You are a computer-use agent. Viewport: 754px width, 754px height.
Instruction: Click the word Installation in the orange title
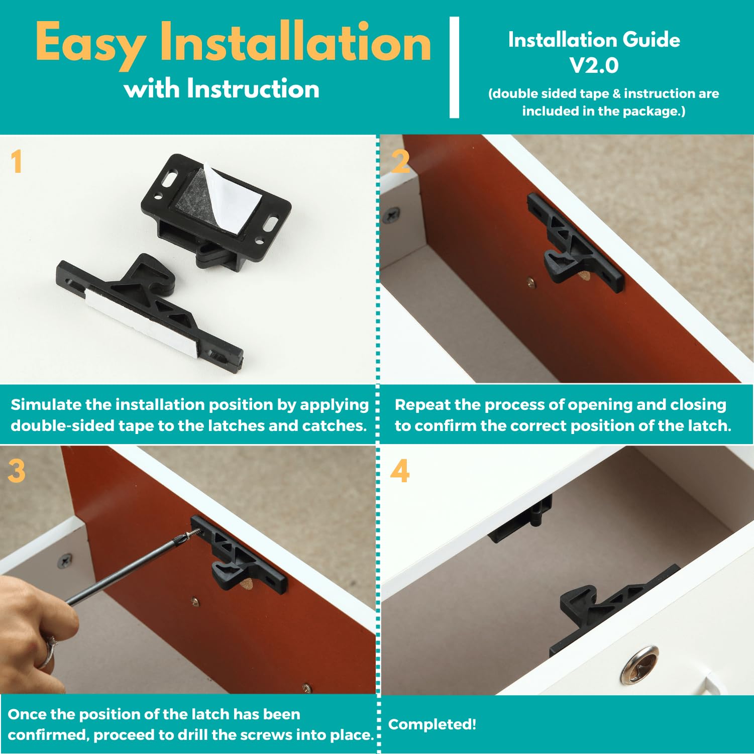[x=295, y=43]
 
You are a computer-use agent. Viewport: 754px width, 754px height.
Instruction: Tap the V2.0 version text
[x=594, y=65]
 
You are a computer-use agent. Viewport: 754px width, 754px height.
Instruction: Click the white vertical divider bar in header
[x=454, y=67]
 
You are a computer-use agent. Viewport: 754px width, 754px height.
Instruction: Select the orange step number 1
[x=17, y=162]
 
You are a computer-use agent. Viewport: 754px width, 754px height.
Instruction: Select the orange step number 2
[x=400, y=162]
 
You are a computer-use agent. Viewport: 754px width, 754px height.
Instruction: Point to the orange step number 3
[x=17, y=471]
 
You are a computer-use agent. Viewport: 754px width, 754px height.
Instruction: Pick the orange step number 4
[x=400, y=471]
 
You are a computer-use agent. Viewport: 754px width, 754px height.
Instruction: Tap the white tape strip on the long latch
[x=141, y=321]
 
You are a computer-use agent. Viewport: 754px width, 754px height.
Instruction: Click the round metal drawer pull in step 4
[x=639, y=665]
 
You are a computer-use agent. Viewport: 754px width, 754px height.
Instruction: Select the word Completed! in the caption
[x=432, y=724]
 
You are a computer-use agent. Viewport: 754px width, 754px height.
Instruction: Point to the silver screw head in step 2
[x=391, y=216]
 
